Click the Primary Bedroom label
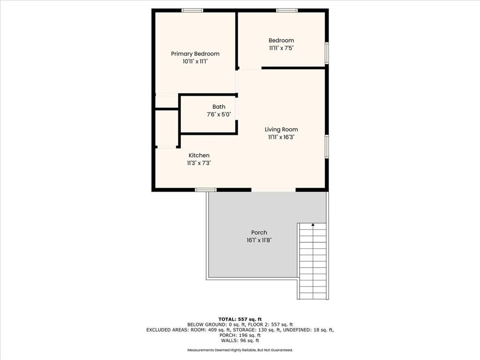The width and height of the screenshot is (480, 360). (195, 54)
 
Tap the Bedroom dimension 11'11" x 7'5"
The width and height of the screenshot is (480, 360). (281, 48)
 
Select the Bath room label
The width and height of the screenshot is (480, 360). (219, 107)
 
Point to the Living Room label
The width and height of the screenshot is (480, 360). (281, 129)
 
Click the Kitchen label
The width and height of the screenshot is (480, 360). (199, 155)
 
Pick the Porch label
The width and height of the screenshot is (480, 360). (259, 232)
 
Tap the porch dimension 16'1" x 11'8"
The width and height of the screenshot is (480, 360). (259, 240)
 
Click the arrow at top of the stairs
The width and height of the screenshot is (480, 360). (313, 225)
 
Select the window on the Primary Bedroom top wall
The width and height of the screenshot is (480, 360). (192, 10)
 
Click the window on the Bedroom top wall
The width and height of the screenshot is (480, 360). (287, 10)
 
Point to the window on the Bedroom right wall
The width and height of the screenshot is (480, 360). (327, 53)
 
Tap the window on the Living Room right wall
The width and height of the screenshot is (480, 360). (327, 147)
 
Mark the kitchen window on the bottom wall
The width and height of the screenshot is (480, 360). (206, 190)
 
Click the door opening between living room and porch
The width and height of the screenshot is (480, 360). (273, 190)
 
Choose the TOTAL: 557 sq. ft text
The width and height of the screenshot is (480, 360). (240, 319)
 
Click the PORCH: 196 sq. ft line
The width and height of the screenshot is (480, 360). (240, 335)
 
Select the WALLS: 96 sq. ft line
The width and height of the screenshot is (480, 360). (240, 340)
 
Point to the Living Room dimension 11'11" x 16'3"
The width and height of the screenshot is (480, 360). (281, 137)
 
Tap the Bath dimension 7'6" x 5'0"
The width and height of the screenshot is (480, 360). (219, 114)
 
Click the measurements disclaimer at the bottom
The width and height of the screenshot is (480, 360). (240, 350)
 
